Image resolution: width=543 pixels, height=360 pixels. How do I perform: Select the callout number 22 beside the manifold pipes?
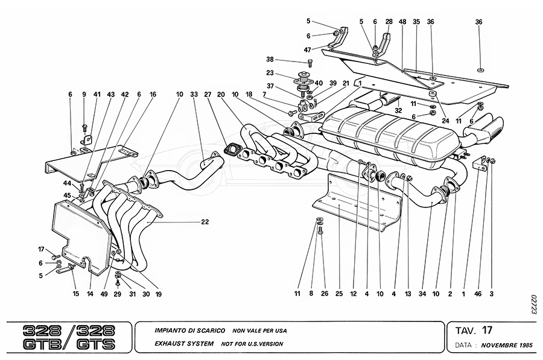point(205,222)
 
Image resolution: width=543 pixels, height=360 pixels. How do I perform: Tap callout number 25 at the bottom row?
point(338,294)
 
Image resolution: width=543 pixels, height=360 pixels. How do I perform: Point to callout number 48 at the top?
point(402,21)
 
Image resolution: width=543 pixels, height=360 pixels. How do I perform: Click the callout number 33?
point(193,95)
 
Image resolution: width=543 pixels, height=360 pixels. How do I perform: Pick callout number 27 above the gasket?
point(208,95)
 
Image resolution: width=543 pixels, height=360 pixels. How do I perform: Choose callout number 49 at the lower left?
point(104,294)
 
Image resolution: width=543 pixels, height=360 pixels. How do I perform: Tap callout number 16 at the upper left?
point(153,95)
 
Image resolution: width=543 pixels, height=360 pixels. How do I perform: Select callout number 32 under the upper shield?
point(399,110)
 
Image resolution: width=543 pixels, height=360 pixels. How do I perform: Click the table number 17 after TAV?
point(487,330)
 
